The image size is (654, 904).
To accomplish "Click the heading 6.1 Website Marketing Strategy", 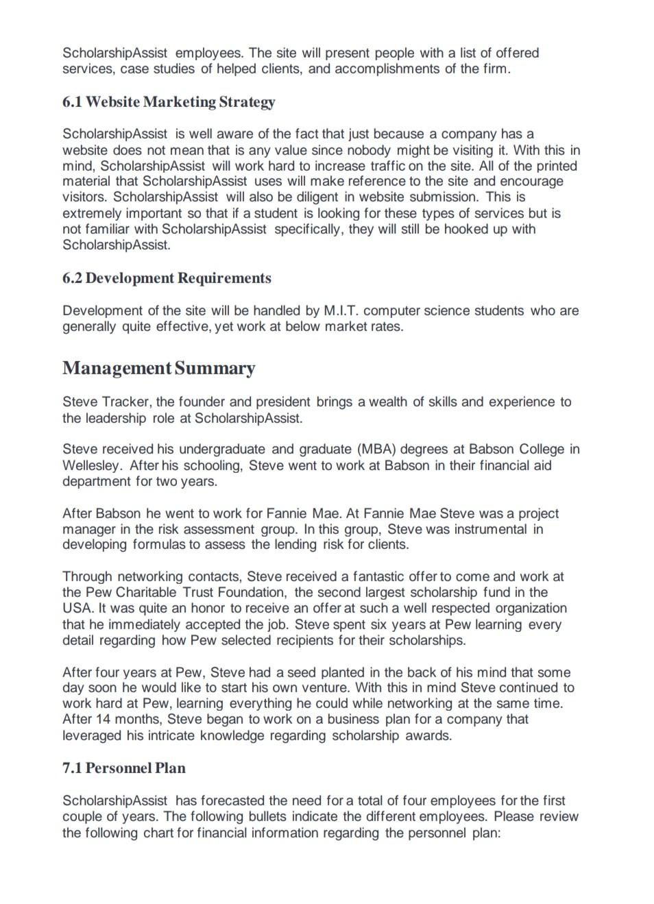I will [x=169, y=102].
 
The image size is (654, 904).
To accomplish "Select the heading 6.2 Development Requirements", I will [x=167, y=278].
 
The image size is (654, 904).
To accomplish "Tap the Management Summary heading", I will [x=158, y=368].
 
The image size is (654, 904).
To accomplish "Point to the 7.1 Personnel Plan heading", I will [x=123, y=768].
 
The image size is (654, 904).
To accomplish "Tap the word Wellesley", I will [x=91, y=465].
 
